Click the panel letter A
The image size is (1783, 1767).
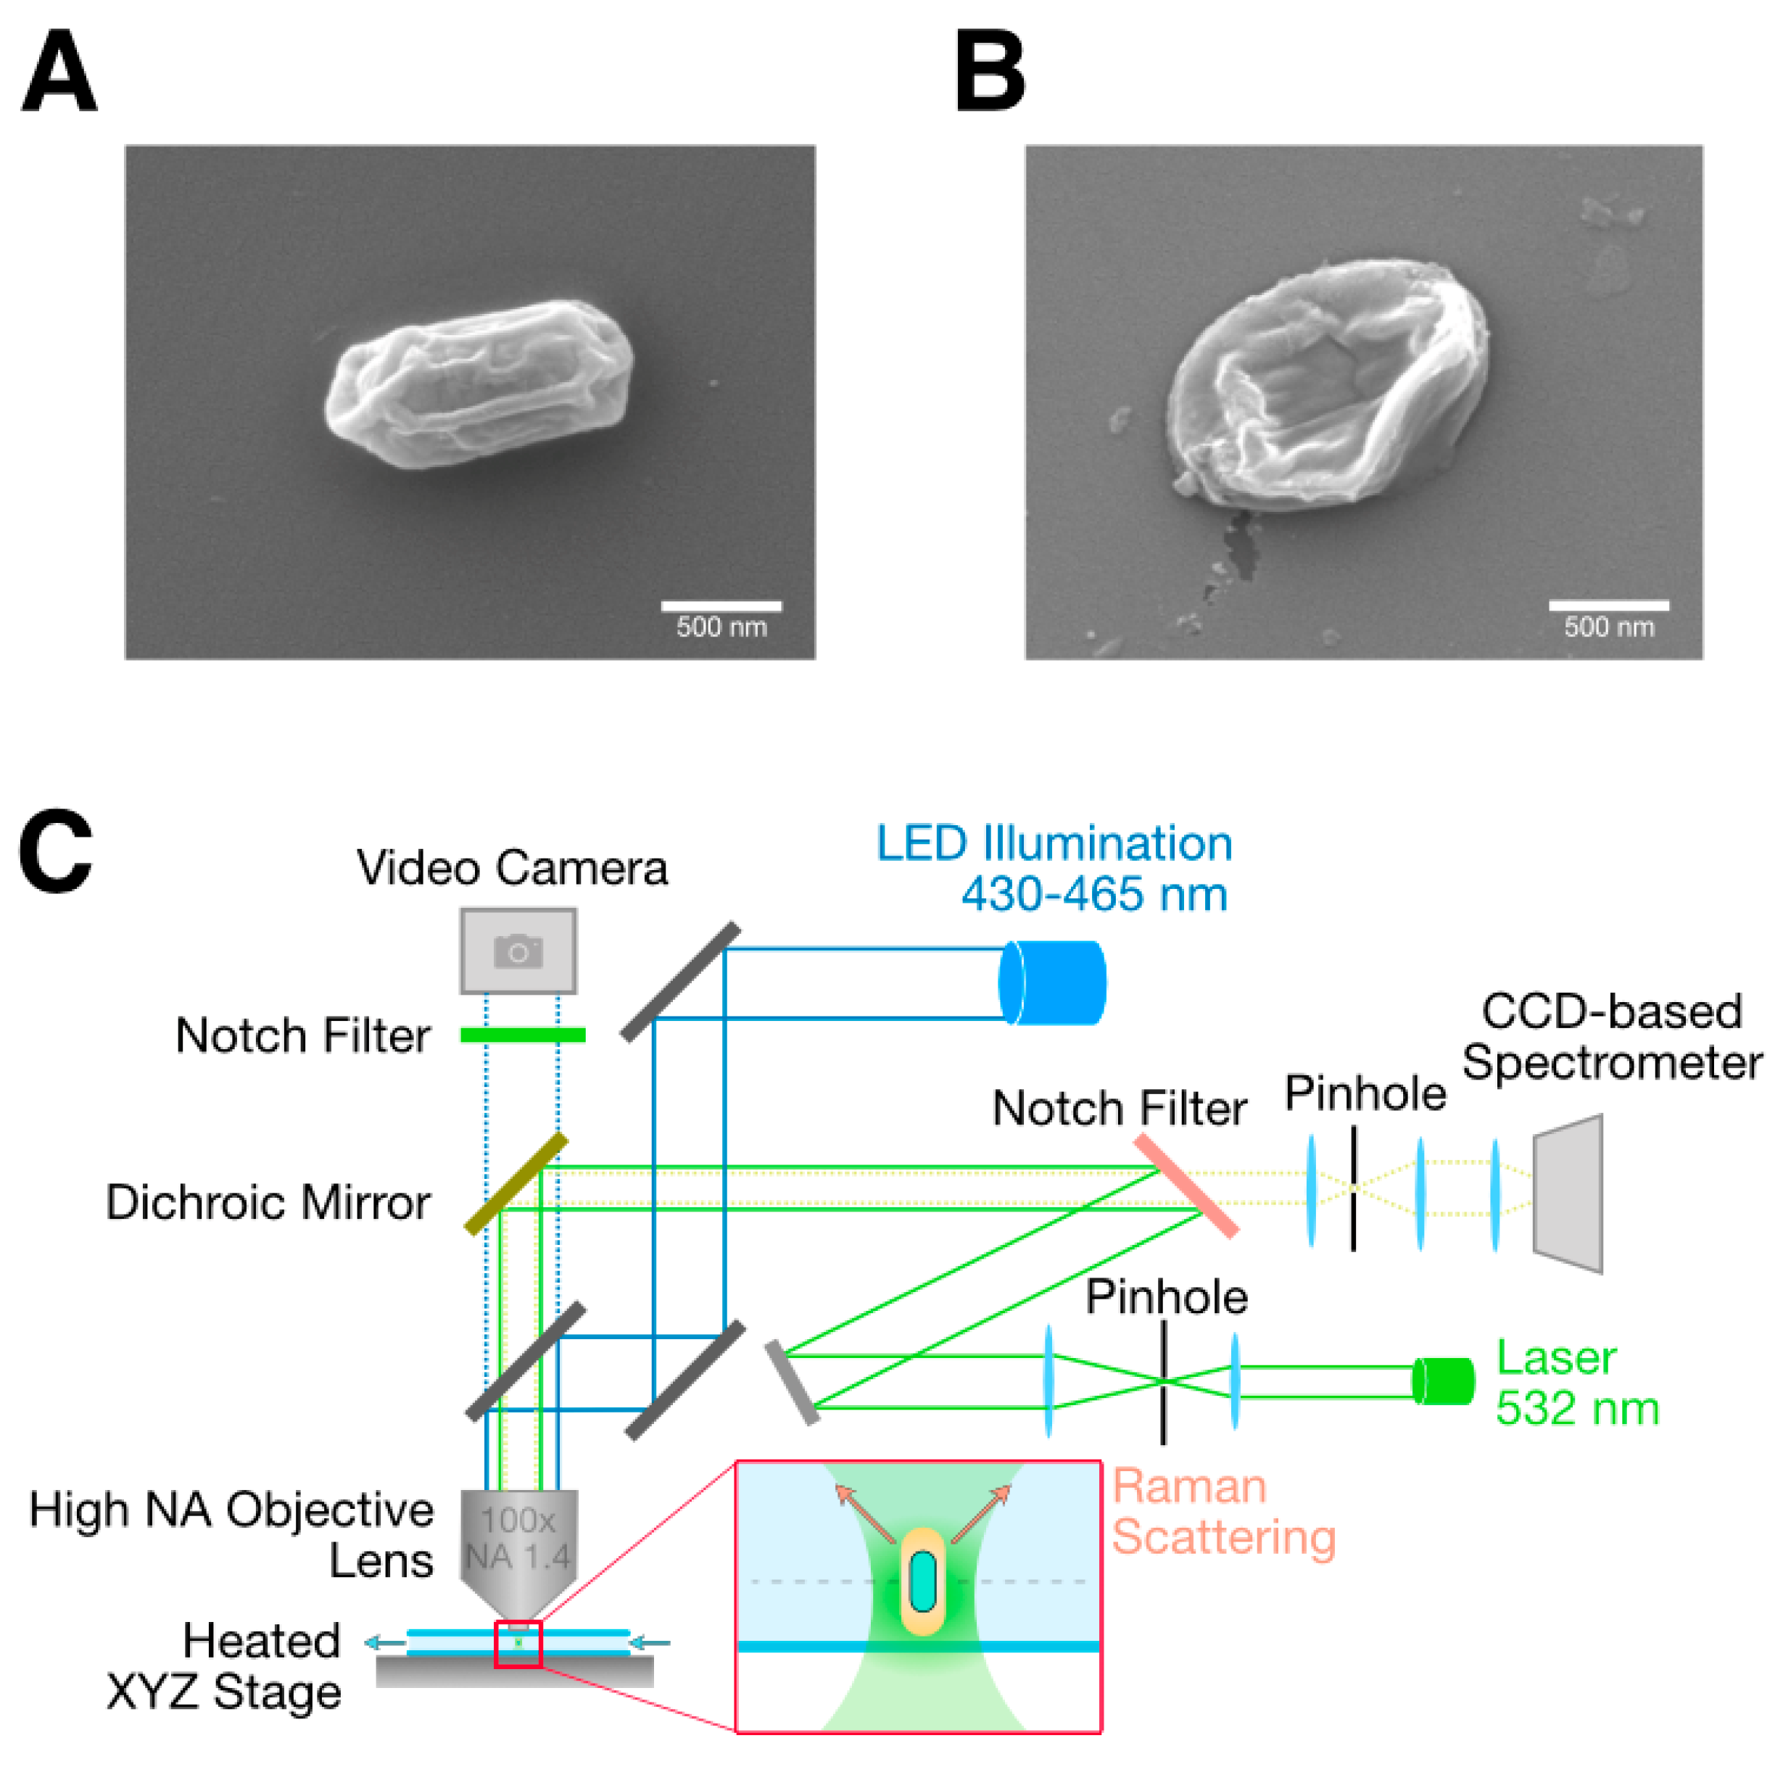pyautogui.click(x=59, y=71)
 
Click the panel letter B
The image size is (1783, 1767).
pyautogui.click(x=990, y=71)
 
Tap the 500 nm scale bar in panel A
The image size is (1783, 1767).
pyautogui.click(x=721, y=606)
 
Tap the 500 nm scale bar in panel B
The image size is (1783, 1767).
pyautogui.click(x=1608, y=605)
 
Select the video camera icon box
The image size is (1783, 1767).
pyautogui.click(x=518, y=951)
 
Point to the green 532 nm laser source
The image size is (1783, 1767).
pyautogui.click(x=1444, y=1381)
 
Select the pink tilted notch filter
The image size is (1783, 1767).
pyautogui.click(x=1186, y=1185)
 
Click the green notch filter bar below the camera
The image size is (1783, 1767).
pyautogui.click(x=522, y=1035)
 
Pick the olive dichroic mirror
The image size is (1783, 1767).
pyautogui.click(x=516, y=1184)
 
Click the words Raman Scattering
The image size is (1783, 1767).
pyautogui.click(x=1223, y=1512)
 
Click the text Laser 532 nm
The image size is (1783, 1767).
pyautogui.click(x=1576, y=1383)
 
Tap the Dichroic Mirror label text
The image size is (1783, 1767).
pyautogui.click(x=268, y=1202)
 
